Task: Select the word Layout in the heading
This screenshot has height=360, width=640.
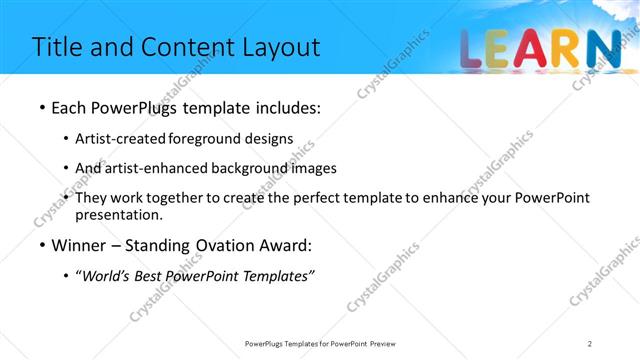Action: (282, 47)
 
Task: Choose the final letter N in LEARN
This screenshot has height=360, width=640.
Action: (604, 50)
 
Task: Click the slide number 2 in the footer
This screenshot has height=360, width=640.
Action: (590, 343)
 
